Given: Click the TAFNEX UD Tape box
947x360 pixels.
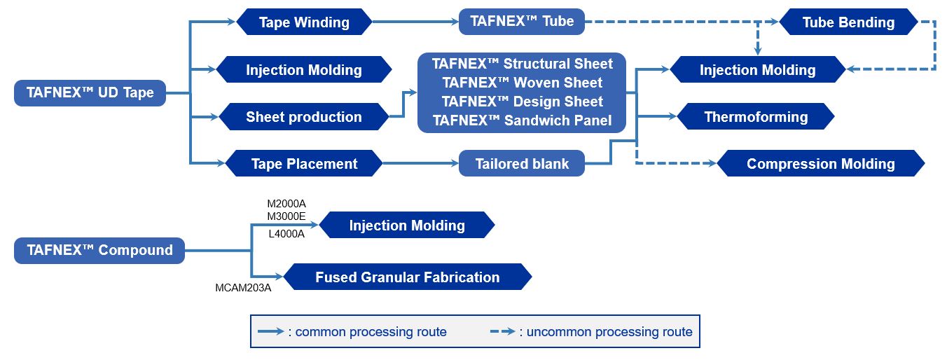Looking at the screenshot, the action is point(90,93).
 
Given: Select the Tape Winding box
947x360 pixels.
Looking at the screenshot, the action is point(304,22).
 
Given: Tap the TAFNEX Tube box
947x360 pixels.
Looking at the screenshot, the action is point(522,22).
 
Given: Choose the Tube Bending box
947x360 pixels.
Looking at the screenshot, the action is point(848,22).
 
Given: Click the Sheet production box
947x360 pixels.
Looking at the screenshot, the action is point(304,117).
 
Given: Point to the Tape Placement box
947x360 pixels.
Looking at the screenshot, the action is point(304,163).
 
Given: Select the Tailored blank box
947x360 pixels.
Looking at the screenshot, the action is point(522,163).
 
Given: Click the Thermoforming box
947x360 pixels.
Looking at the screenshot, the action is point(756,117).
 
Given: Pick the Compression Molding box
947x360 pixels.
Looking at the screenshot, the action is point(821,163).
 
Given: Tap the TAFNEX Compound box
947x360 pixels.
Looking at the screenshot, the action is point(99,251).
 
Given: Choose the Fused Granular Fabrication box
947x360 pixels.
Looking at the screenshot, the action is point(408,277).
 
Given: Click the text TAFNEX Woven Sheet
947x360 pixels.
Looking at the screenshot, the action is point(522,83).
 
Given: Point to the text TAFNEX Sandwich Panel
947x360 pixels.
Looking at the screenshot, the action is point(522,121).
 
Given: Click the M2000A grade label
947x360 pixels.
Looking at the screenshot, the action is point(286,204).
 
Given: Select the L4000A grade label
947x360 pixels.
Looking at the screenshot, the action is point(286,234).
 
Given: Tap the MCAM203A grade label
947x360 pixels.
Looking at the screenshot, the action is point(243,288).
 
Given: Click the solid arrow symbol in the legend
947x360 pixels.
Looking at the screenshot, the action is point(271,332).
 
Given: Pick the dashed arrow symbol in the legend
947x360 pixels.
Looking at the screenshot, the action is point(503,332).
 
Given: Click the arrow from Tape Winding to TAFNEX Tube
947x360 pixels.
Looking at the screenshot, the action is point(415,22).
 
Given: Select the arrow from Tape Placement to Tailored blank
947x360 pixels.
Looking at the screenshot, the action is point(421,163).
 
